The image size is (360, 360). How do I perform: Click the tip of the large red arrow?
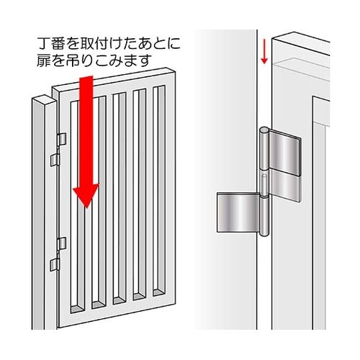click(x=87, y=208)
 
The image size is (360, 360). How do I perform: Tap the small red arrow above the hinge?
click(x=264, y=52)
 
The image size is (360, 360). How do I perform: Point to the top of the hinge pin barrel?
click(x=264, y=131)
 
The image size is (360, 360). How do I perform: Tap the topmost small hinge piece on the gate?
click(x=62, y=137)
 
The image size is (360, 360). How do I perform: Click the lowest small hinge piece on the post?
click(x=53, y=266)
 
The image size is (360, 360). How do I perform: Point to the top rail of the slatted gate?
click(x=115, y=80)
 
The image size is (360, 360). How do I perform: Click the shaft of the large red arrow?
click(x=87, y=130)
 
